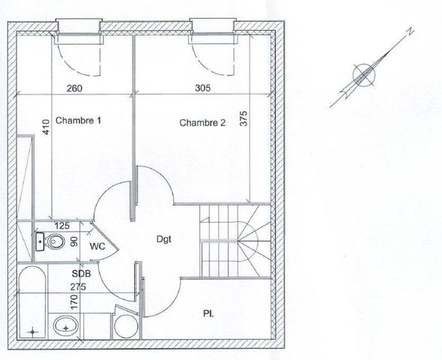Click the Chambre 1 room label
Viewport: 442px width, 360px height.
coord(78,121)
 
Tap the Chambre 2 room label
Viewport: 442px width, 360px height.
coord(202,123)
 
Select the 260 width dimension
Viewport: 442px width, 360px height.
coord(74,88)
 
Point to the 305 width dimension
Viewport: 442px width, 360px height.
coord(203,88)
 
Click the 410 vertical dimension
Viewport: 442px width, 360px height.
coord(46,127)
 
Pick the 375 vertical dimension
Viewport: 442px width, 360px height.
coord(244,118)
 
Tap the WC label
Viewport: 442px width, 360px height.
coord(97,246)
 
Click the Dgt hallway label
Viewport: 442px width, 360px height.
coord(164,239)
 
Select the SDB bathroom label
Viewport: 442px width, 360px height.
coord(81,274)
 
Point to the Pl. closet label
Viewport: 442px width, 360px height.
coord(208,313)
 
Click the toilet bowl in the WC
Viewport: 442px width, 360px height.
coord(52,241)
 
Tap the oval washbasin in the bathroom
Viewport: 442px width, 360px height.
coord(66,325)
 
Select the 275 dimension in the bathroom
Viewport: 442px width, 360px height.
coord(78,287)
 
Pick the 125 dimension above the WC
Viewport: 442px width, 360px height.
coord(61,226)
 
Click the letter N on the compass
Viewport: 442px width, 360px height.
coord(410,31)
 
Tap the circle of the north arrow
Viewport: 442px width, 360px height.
coord(364,75)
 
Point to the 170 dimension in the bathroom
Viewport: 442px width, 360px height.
coord(74,302)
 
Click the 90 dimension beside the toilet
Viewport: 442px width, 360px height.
coord(74,241)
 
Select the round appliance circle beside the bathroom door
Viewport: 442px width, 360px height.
coord(126,326)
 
